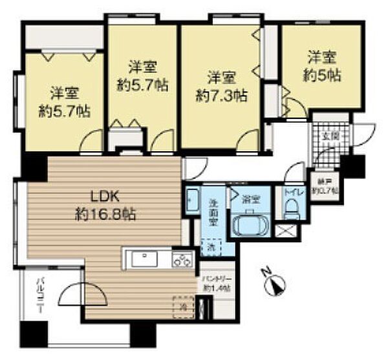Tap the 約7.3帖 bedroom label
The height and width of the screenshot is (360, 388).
[221, 87]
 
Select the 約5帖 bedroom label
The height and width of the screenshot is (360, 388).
[321, 65]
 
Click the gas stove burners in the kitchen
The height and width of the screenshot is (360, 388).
[182, 260]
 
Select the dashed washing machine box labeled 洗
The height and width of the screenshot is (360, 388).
[213, 246]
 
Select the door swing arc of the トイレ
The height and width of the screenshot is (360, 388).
[294, 173]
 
